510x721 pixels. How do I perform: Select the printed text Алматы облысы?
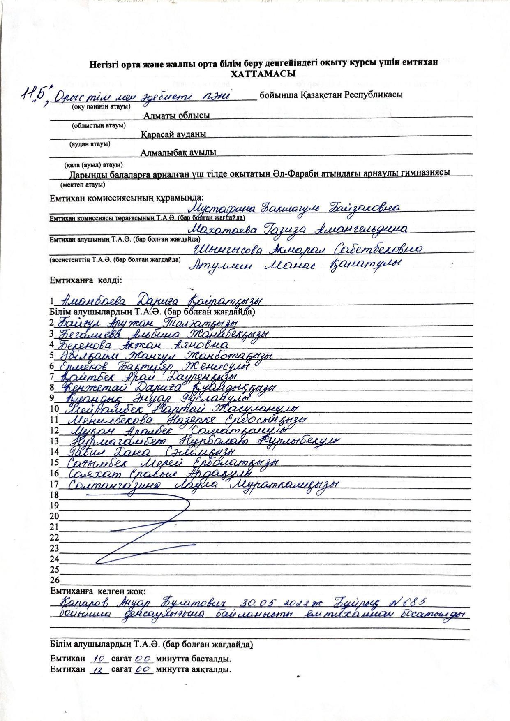pyautogui.click(x=176, y=116)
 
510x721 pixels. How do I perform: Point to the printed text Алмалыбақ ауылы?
pyautogui.click(x=178, y=153)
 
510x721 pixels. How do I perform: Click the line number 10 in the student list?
pyautogui.click(x=54, y=409)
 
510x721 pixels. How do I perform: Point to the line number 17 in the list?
pyautogui.click(x=54, y=484)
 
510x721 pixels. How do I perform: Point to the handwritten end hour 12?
pyautogui.click(x=99, y=669)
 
